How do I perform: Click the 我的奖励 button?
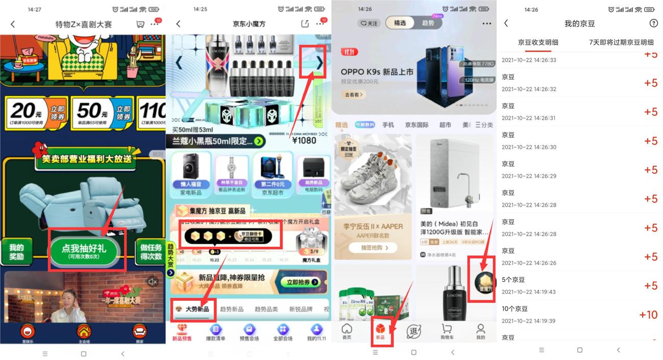point(16,252)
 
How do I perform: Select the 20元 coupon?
point(35,113)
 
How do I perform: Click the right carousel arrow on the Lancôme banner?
point(319,63)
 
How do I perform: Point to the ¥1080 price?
point(304,140)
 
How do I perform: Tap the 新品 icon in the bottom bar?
point(380,331)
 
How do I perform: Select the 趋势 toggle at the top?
point(428,23)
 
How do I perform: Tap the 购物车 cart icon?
point(447,331)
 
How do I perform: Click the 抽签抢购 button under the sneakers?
point(372,248)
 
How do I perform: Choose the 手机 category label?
point(388,125)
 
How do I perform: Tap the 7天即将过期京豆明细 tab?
point(621,42)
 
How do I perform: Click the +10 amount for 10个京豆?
point(648,315)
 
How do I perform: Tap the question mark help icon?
point(653,23)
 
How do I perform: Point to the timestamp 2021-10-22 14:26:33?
point(529,60)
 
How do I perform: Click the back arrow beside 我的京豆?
point(506,23)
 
